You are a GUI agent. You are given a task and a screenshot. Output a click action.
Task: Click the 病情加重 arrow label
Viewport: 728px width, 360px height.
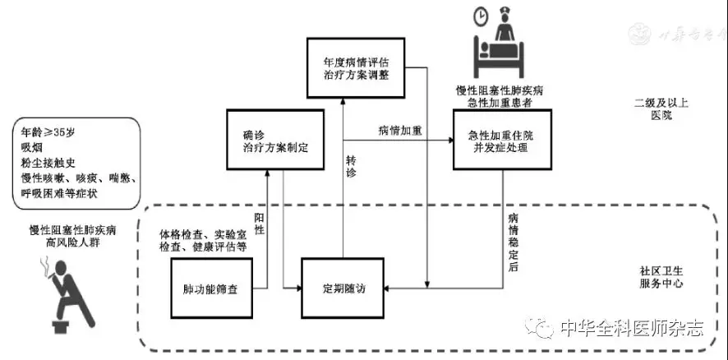coord(400,130)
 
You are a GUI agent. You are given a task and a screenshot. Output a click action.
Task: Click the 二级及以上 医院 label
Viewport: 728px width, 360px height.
coord(654,110)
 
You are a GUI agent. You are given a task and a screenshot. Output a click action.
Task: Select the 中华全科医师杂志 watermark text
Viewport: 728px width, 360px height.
coord(630,329)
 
